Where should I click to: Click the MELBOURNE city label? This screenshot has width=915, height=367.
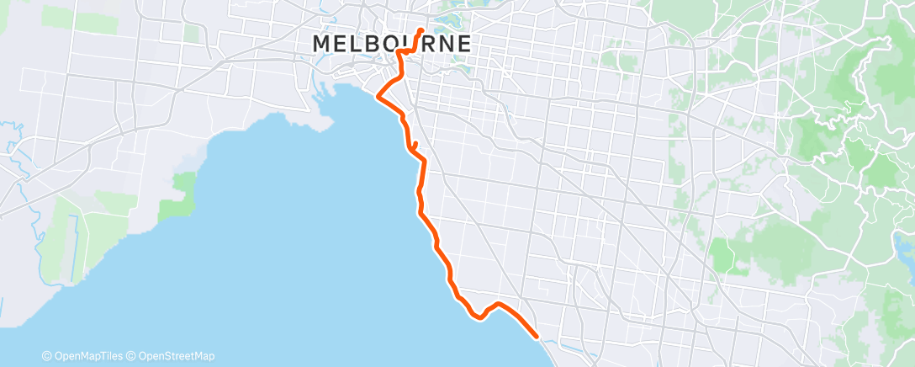(x=391, y=43)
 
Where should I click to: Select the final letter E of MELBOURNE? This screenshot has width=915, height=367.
(x=462, y=43)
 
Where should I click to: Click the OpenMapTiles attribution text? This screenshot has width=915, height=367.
(x=92, y=356)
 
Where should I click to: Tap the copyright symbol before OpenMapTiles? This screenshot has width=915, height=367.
(x=47, y=356)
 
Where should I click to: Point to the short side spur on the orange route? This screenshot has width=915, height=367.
(x=415, y=145)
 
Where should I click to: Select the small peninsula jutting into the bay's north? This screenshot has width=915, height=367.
(x=318, y=122)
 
